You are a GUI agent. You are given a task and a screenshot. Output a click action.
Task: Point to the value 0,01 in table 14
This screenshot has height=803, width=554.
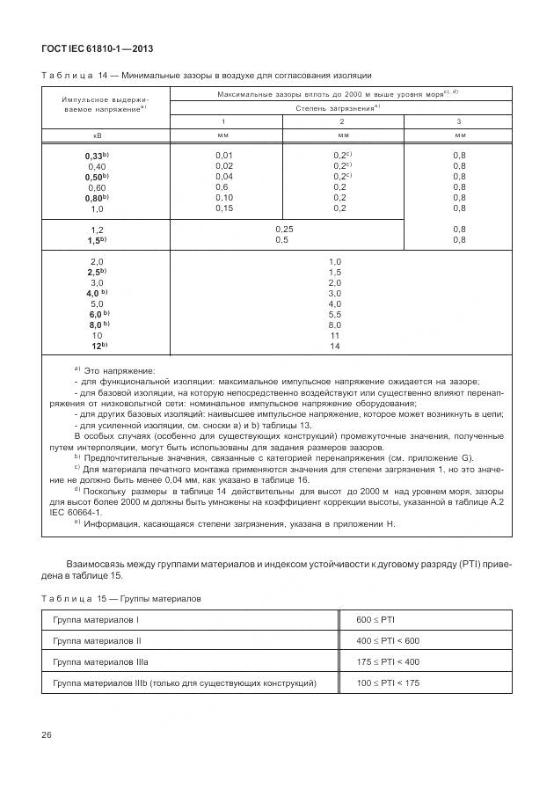pyautogui.click(x=223, y=155)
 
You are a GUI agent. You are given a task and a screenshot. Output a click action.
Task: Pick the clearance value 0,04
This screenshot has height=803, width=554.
pyautogui.click(x=223, y=176)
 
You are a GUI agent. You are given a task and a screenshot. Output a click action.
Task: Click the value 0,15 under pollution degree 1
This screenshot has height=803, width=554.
pyautogui.click(x=223, y=208)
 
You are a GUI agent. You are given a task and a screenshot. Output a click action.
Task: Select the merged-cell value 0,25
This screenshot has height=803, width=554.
pyautogui.click(x=283, y=229)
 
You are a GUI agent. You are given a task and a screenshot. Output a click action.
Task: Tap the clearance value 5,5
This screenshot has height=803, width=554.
pyautogui.click(x=334, y=314)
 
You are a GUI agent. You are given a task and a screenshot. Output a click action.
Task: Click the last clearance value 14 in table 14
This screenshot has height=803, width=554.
pyautogui.click(x=334, y=347)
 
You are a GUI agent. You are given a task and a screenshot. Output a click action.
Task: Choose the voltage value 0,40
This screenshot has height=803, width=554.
pyautogui.click(x=97, y=165)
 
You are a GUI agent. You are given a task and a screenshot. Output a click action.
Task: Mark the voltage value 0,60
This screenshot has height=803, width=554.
pyautogui.click(x=97, y=187)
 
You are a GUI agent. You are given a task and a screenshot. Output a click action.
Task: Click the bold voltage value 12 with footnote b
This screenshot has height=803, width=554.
pyautogui.click(x=97, y=347)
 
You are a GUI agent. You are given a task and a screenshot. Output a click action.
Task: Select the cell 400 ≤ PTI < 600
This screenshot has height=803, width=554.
pyautogui.click(x=388, y=640)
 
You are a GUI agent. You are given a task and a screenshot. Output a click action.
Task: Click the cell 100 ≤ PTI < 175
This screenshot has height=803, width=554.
pyautogui.click(x=388, y=683)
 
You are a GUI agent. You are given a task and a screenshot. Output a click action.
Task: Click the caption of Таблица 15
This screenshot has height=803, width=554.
pyautogui.click(x=121, y=598)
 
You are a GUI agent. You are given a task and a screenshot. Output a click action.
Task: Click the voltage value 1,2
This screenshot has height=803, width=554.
pyautogui.click(x=97, y=229)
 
